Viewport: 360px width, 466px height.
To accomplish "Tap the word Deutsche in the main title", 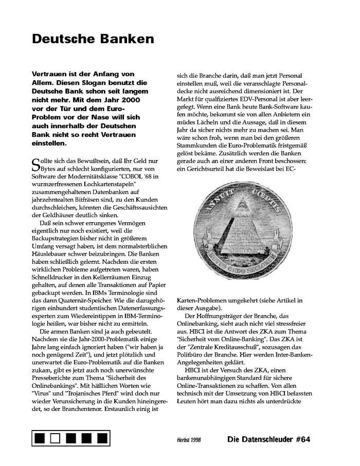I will click(x=61, y=39).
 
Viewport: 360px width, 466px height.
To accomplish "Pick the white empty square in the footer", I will click(x=56, y=438).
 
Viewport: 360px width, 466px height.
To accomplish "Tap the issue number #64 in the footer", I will click(x=299, y=439).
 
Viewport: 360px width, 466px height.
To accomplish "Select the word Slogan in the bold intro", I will click(x=95, y=82).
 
